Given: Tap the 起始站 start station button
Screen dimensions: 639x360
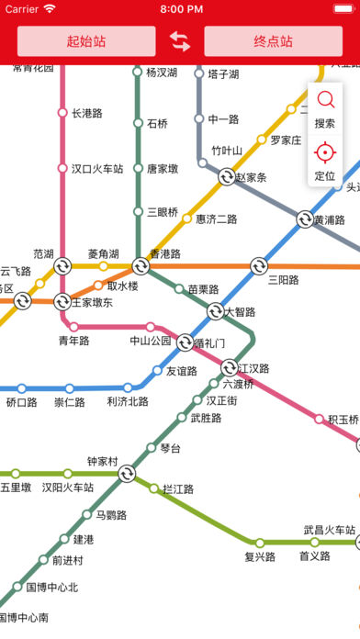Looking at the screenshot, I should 86,41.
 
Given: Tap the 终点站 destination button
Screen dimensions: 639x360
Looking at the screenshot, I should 273,41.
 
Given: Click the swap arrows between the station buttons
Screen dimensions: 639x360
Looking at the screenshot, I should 180,41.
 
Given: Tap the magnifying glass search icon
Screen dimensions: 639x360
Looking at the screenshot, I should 325,99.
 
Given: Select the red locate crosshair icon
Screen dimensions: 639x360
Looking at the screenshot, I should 325,151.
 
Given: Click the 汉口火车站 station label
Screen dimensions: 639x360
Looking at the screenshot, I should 97,169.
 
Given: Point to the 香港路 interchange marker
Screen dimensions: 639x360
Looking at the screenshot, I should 141,266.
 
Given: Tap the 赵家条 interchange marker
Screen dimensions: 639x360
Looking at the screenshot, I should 227,177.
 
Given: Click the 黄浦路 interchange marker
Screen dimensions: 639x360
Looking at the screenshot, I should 305,219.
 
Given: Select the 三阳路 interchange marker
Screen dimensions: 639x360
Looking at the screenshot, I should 258,266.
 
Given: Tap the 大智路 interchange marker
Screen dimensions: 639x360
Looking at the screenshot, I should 215,311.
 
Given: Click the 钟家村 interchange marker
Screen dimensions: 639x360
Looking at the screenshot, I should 127,474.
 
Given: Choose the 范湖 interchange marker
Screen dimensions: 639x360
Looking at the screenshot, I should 62,266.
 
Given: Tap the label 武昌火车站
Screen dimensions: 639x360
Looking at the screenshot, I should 330,531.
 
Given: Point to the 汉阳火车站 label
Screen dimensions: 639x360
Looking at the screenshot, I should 68,488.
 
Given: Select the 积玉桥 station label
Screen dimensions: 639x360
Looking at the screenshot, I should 343,420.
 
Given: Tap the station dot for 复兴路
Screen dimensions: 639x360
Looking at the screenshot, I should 260,543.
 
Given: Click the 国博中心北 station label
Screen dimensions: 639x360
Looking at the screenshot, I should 51,588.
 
